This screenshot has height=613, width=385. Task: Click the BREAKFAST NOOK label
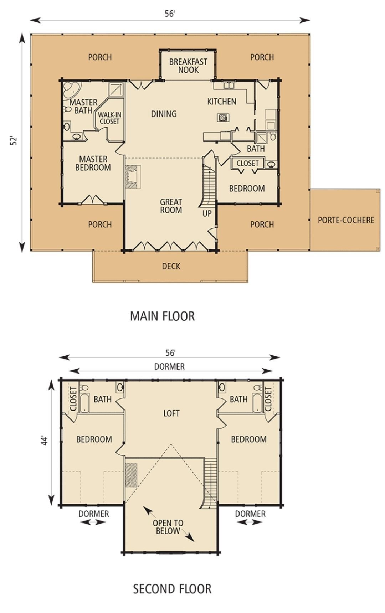tap(188, 66)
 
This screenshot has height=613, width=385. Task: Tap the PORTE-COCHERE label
tap(346, 220)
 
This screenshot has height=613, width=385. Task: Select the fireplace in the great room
tap(133, 176)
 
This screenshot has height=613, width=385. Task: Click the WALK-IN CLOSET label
tap(109, 118)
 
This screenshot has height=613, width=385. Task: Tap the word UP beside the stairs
tap(207, 213)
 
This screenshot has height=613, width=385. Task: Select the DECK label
tap(171, 266)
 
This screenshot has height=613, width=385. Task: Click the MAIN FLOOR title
tap(162, 316)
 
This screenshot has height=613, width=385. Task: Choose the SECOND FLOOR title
tap(172, 588)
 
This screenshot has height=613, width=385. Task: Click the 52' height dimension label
tap(14, 140)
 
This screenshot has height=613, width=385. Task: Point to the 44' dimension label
tap(44, 441)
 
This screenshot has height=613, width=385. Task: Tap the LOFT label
tap(171, 413)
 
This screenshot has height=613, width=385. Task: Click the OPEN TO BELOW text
tap(168, 527)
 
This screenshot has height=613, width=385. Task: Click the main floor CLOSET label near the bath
tap(247, 163)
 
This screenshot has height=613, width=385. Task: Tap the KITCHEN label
tap(221, 102)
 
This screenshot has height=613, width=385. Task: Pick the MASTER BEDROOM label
tap(93, 163)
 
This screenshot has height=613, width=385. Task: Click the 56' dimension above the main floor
tap(170, 14)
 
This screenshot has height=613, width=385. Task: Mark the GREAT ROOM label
tap(171, 206)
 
